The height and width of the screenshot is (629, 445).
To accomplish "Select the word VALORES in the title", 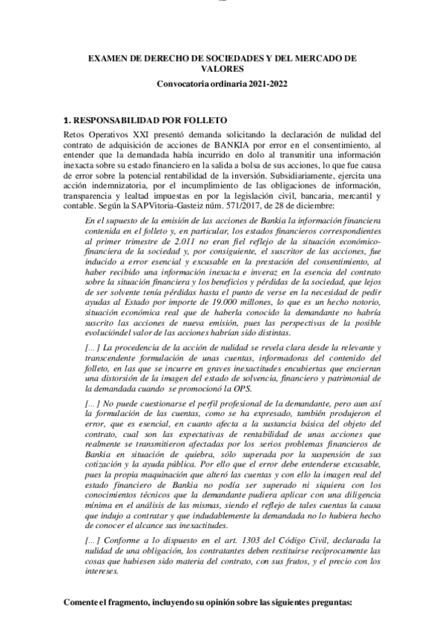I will click(222, 68).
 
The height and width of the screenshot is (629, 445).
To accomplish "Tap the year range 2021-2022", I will click(262, 84).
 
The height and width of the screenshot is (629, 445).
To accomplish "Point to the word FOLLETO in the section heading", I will click(201, 119).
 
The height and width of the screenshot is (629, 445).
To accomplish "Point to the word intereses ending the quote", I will click(101, 573).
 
